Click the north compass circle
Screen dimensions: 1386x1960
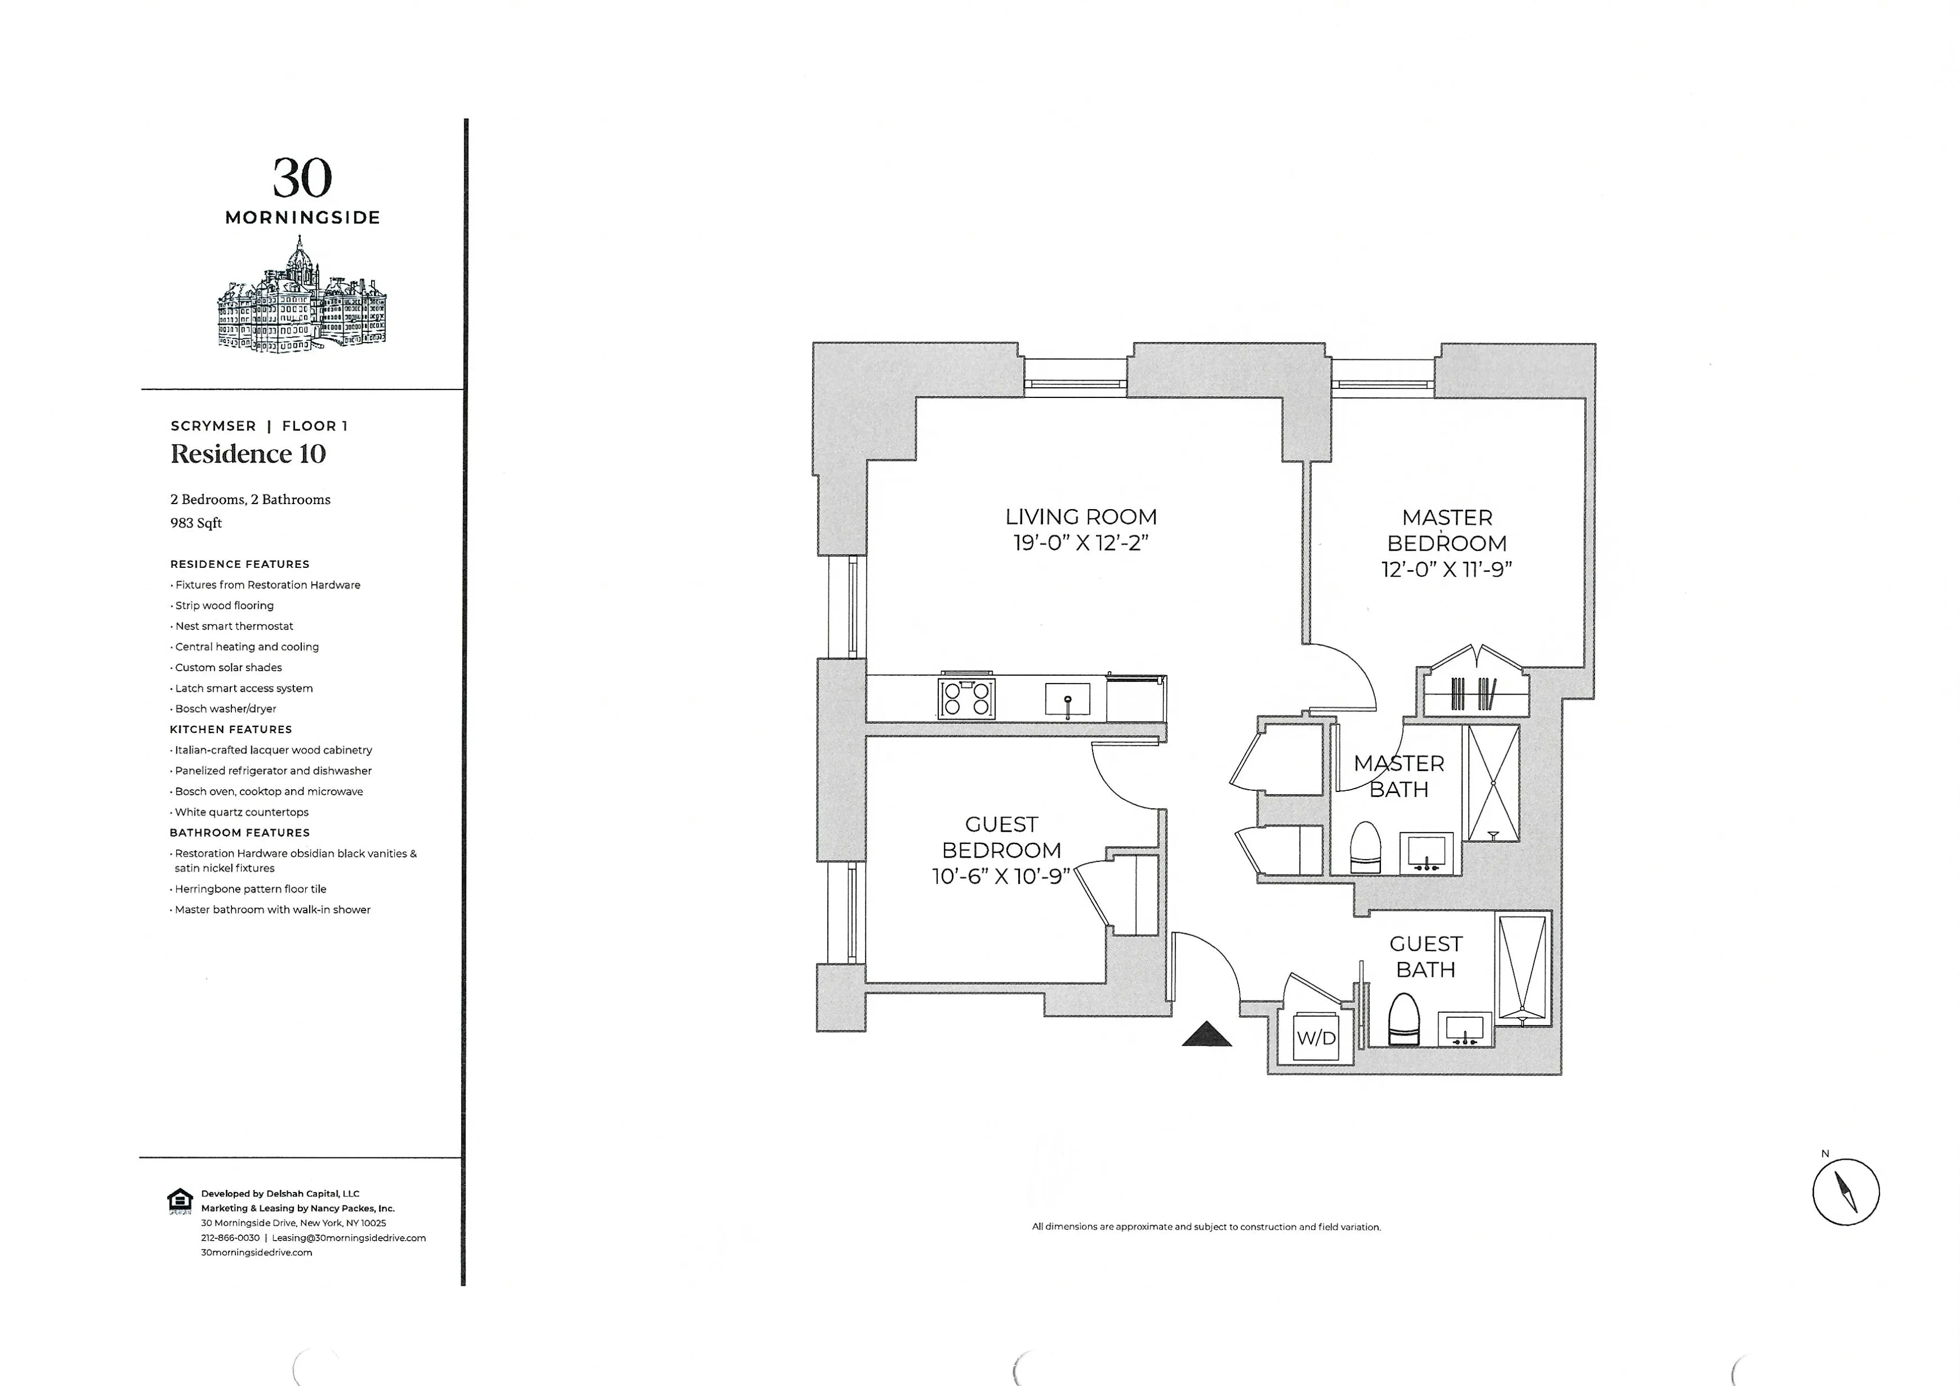pos(1845,1192)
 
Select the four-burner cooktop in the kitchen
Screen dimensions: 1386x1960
pos(966,698)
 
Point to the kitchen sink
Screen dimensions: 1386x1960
pos(1067,699)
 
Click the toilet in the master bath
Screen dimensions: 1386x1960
pos(1365,847)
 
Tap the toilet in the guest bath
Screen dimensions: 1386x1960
pos(1403,1019)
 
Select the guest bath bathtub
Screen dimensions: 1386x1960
pos(1522,968)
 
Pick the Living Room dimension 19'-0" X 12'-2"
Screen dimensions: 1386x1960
pos(1081,543)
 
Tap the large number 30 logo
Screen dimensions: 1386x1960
pos(302,178)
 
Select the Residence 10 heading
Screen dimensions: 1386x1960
pos(248,454)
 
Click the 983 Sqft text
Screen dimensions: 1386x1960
pos(196,523)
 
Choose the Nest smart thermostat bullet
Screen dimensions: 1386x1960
pos(234,626)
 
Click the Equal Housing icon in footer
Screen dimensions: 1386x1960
pos(179,1201)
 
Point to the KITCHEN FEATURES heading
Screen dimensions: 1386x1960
pos(230,730)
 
